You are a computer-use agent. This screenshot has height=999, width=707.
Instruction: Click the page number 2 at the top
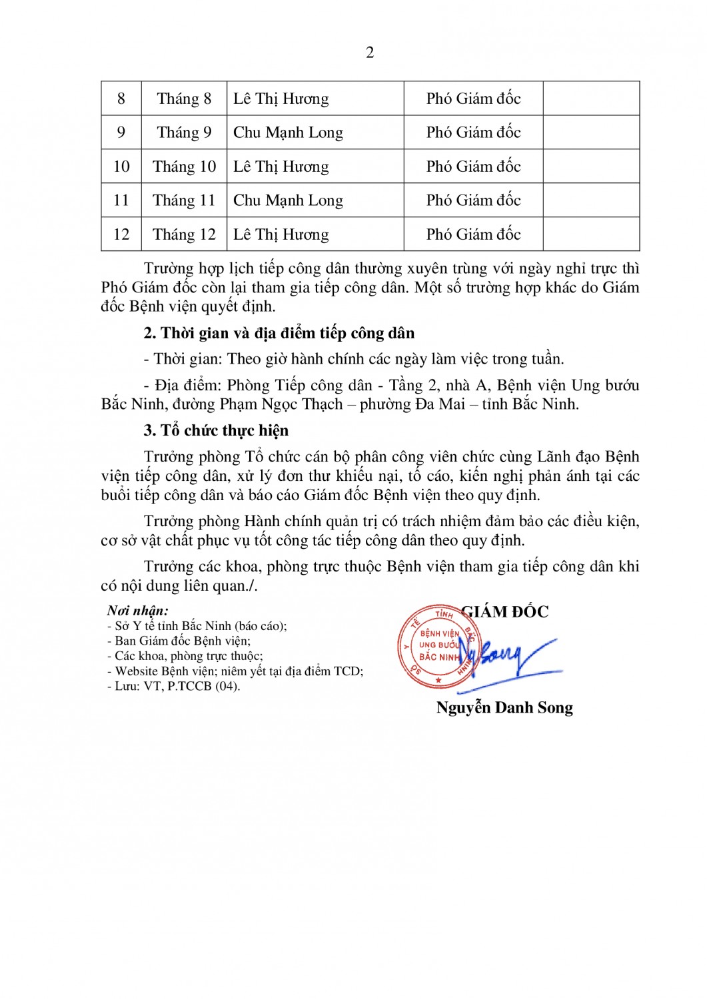[x=370, y=53]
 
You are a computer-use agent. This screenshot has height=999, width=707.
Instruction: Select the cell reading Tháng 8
[x=184, y=99]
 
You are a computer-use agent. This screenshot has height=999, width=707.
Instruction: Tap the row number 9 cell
[x=121, y=133]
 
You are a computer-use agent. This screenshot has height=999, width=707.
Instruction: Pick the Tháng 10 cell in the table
[x=184, y=166]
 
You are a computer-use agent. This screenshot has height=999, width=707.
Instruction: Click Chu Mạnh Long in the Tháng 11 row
[x=288, y=200]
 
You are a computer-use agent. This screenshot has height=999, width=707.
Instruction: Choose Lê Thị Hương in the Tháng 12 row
[x=281, y=234]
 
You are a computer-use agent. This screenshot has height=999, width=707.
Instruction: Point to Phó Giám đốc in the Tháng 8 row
[x=473, y=99]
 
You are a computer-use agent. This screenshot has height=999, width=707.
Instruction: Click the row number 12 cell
[x=121, y=234]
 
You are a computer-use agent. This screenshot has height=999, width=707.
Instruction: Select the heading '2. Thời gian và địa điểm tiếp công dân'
[x=279, y=333]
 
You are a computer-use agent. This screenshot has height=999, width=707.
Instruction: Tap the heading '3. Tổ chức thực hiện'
[x=216, y=430]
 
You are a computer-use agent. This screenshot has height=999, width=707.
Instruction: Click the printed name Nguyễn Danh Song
[x=504, y=707]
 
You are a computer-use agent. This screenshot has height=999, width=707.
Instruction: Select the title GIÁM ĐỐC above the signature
[x=505, y=612]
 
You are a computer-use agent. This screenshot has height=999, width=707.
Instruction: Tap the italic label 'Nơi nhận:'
[x=138, y=610]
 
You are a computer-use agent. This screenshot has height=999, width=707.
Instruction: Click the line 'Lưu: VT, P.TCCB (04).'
[x=174, y=686]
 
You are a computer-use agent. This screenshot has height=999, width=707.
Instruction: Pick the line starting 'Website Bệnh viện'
[x=236, y=671]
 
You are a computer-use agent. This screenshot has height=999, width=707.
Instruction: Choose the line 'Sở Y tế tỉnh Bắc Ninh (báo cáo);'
[x=198, y=625]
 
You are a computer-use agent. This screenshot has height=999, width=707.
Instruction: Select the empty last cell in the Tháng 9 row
[x=591, y=133]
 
